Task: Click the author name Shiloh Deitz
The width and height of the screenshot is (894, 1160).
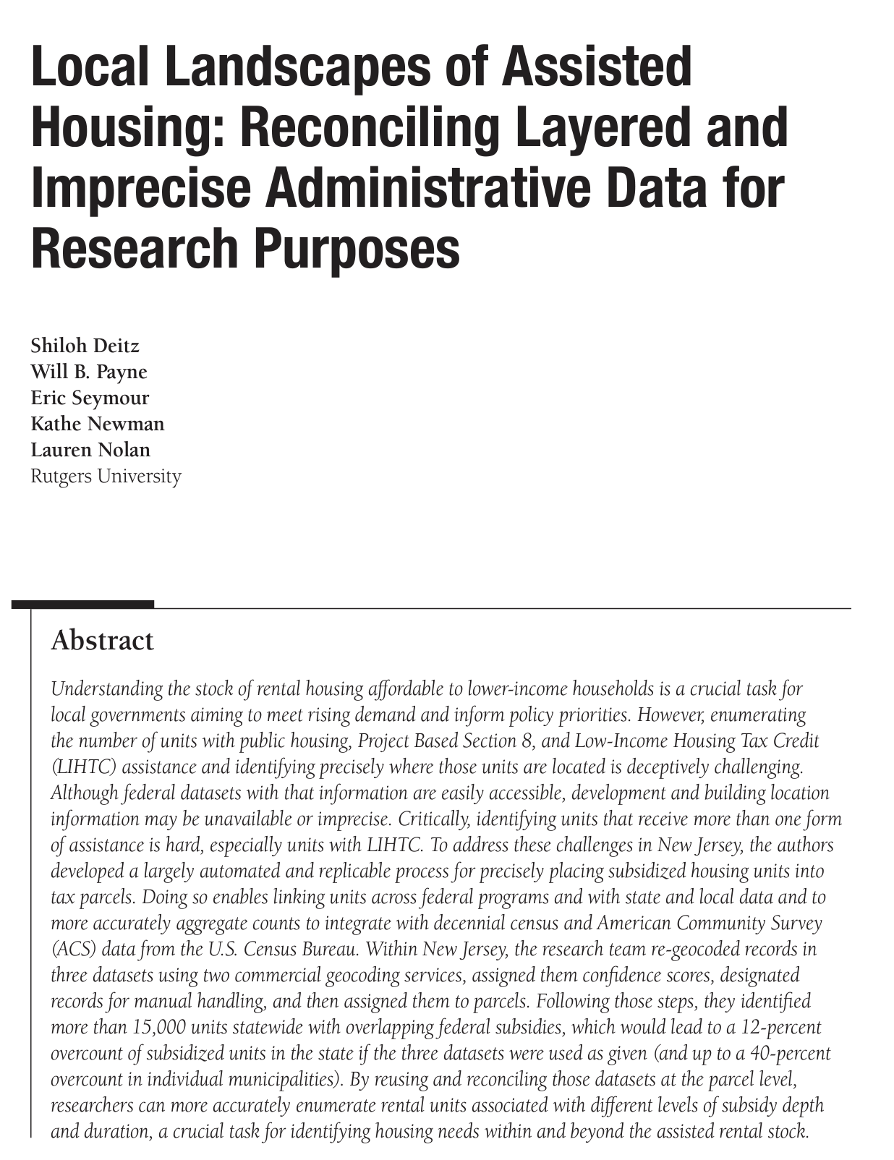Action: pyautogui.click(x=85, y=346)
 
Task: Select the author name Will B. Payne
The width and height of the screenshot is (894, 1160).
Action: pyautogui.click(x=89, y=372)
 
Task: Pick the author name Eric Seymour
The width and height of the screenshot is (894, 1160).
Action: pyautogui.click(x=90, y=398)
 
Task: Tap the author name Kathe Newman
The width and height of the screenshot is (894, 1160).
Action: pyautogui.click(x=98, y=424)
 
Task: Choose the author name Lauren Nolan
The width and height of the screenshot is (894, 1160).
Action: pyautogui.click(x=90, y=450)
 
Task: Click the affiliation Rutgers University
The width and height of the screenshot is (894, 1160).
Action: pyautogui.click(x=106, y=476)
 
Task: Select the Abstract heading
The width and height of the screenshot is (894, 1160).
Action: pyautogui.click(x=102, y=641)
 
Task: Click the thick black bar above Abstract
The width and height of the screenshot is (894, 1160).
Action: pyautogui.click(x=82, y=604)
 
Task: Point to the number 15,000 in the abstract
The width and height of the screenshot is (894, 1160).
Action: pyautogui.click(x=158, y=1027)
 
